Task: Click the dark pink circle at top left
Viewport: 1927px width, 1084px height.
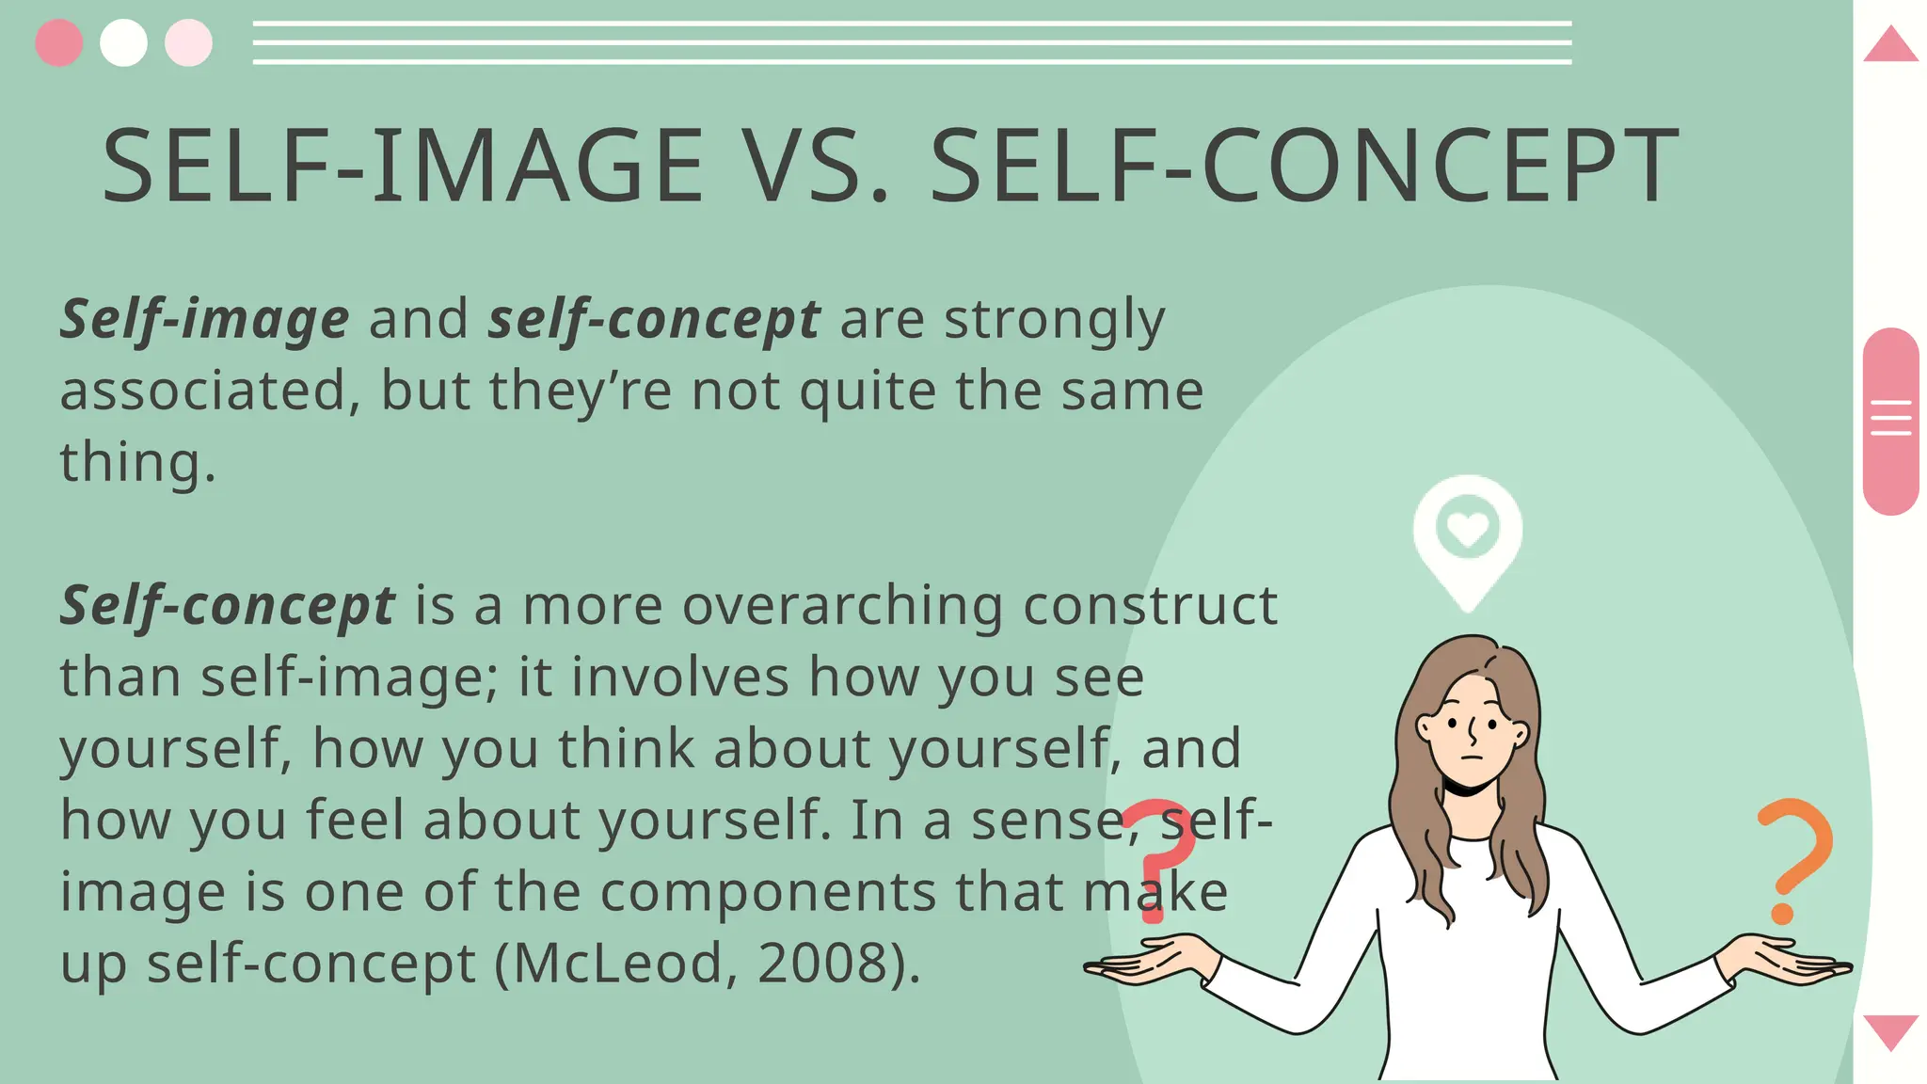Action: (58, 43)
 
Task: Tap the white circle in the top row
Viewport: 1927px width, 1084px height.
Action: (123, 43)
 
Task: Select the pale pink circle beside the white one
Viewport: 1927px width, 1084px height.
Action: (188, 43)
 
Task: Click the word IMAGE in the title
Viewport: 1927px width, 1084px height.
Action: (537, 167)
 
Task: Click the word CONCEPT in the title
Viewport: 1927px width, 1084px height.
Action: (1440, 167)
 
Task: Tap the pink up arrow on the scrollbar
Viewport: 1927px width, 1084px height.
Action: (1889, 45)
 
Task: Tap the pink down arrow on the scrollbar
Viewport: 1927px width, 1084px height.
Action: (1889, 1030)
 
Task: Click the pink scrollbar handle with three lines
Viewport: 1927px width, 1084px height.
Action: (1889, 420)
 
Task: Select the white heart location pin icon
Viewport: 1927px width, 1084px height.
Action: (1467, 536)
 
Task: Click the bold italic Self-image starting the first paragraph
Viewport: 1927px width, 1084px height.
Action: (204, 320)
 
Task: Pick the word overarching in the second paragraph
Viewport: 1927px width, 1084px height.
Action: (842, 606)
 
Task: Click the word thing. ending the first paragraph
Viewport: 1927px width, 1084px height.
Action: (137, 463)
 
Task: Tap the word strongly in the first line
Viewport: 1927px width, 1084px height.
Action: (1054, 320)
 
